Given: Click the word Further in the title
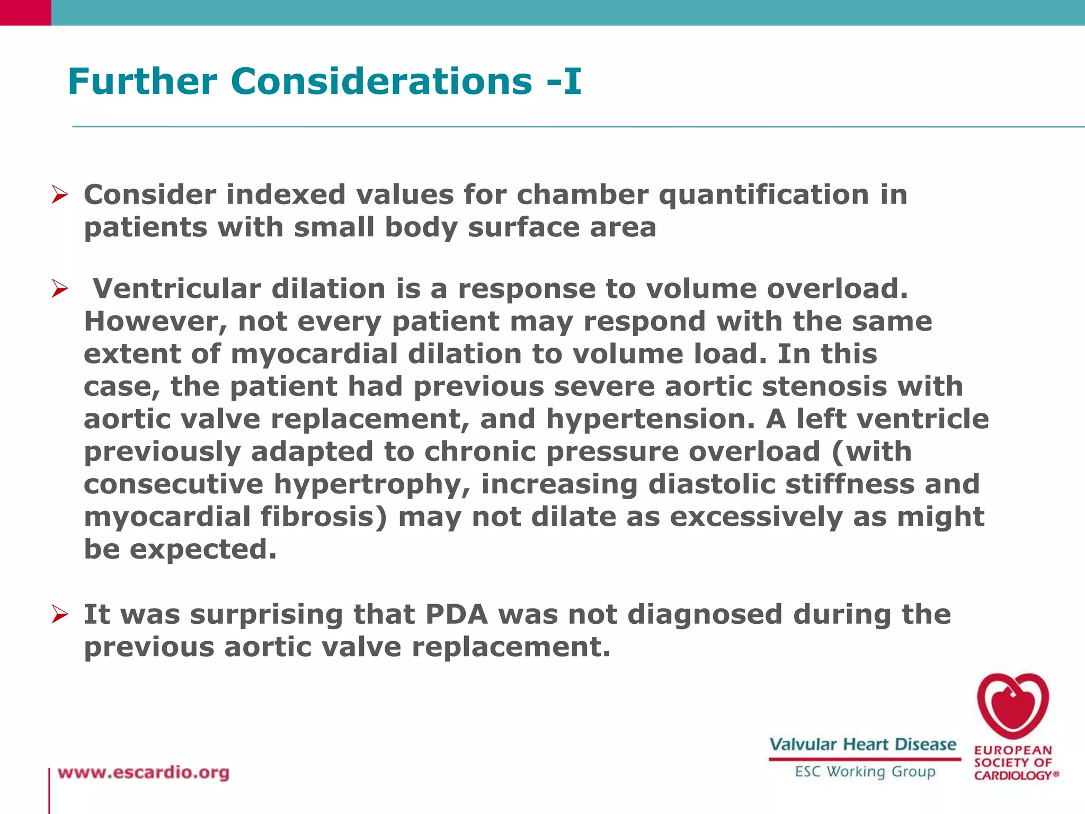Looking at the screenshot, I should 143,82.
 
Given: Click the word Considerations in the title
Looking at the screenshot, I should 381,82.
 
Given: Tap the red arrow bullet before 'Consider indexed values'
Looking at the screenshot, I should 60,195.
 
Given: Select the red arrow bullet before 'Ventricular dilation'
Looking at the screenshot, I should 60,289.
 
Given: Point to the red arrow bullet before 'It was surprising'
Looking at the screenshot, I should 60,615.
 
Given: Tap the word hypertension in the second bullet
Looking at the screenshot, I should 650,419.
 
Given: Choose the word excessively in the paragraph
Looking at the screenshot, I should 756,517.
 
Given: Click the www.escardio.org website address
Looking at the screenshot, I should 144,773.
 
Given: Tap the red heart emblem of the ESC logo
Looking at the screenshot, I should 1012,706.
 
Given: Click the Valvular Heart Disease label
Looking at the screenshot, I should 862,745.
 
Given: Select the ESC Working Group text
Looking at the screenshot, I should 865,772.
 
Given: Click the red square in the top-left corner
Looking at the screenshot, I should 25,12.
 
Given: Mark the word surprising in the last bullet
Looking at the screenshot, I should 266,615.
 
